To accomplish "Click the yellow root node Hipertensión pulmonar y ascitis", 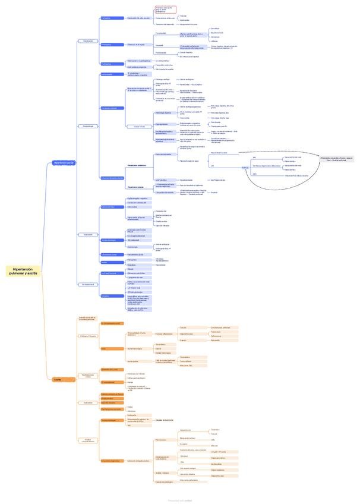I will point(24,271).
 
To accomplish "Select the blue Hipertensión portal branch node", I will point(64,162).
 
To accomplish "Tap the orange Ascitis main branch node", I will point(58,379).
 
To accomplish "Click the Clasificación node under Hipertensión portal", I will point(87,41).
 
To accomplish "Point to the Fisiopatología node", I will point(87,126).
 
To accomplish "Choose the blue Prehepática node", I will point(108,18).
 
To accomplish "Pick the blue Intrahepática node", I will point(108,45).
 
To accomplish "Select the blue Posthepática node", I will point(108,64).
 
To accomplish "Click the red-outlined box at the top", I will point(166,9).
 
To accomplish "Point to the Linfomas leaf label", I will point(214,41).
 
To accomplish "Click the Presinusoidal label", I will point(161,33).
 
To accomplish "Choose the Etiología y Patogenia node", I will point(87,336).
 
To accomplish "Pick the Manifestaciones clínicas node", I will point(87,376).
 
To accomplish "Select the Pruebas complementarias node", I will point(87,440).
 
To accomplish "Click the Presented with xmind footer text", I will point(179,500).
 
